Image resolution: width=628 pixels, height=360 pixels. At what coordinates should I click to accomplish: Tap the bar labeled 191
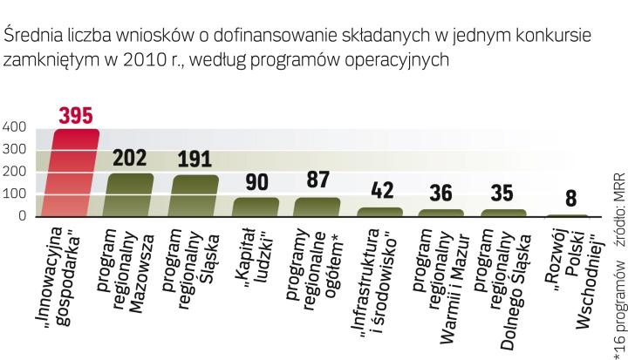195,196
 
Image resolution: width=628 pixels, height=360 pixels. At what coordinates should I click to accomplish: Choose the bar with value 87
317,207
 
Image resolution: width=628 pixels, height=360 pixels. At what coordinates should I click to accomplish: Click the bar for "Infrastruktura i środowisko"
380,212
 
